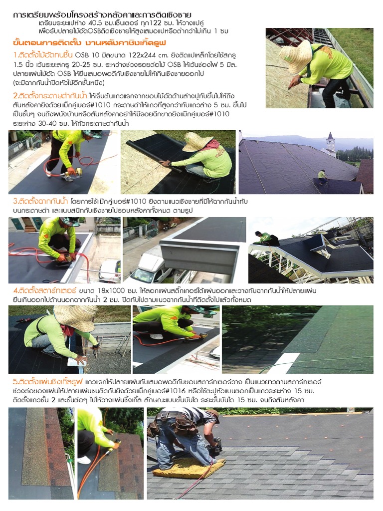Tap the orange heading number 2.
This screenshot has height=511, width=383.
(x=15, y=96)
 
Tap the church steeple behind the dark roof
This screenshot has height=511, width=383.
(x=330, y=142)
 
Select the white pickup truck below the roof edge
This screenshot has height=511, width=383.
(x=148, y=269)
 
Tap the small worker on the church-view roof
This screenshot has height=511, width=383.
(x=322, y=176)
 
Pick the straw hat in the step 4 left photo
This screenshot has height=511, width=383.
(x=75, y=317)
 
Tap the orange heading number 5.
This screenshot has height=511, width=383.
(x=15, y=382)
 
